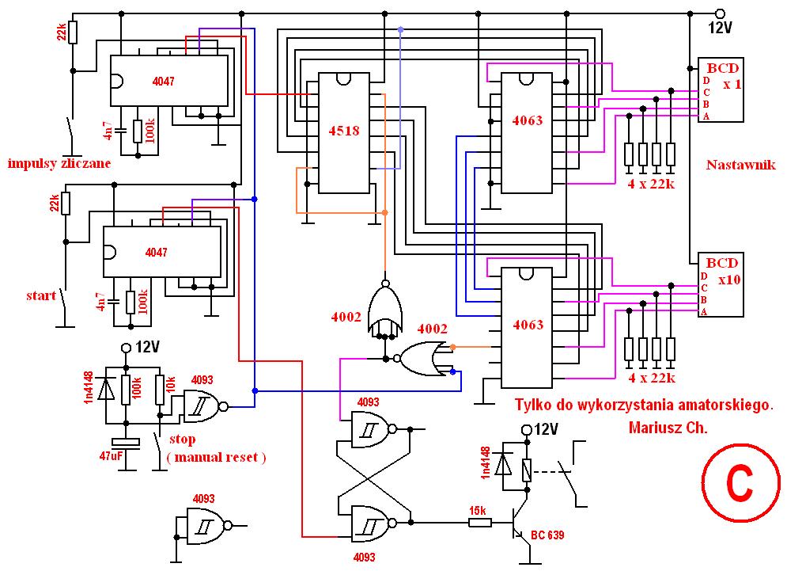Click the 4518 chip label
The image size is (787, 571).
344,131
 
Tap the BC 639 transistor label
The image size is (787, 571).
547,535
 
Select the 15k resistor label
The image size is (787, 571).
477,511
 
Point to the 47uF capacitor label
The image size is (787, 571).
111,456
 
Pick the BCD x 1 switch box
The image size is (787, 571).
721,89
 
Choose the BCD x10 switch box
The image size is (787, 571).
721,284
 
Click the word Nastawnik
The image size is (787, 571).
741,165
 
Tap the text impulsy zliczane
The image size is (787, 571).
59,163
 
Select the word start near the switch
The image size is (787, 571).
41,295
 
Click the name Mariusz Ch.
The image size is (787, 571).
668,428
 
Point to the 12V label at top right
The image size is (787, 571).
721,28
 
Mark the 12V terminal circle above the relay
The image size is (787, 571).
527,429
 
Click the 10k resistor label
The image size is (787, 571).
171,385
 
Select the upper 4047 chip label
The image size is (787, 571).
163,82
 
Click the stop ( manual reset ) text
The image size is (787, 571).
216,448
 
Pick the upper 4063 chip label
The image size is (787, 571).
528,120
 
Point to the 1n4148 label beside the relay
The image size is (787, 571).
485,463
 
